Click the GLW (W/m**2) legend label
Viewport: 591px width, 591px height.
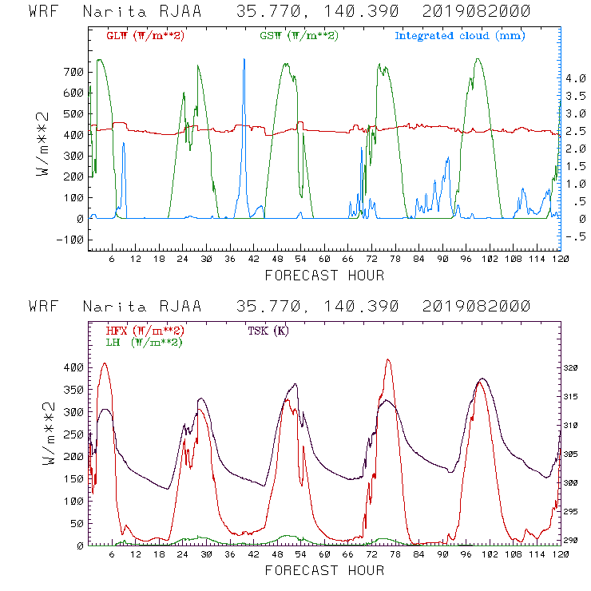click(145, 36)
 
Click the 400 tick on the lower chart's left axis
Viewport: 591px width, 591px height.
click(73, 367)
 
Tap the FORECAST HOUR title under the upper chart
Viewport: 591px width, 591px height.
click(324, 276)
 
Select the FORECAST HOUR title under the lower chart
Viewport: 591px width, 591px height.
click(324, 570)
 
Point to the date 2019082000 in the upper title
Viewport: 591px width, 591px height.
click(474, 12)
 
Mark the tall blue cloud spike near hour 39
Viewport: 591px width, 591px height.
click(244, 61)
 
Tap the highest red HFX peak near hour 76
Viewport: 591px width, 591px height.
click(388, 360)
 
